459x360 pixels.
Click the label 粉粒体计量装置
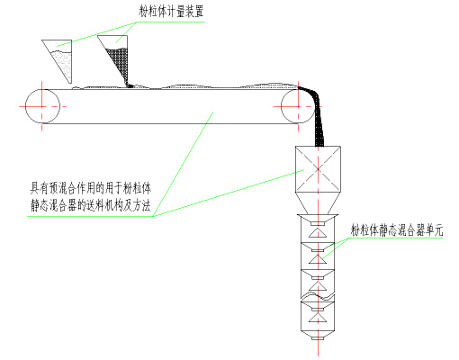click(x=171, y=11)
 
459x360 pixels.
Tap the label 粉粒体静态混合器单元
click(x=397, y=229)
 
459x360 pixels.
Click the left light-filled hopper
click(x=61, y=60)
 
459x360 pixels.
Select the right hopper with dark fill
click(x=115, y=60)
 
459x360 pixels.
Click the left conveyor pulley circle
click(x=42, y=106)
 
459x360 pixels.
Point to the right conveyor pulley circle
click(x=298, y=106)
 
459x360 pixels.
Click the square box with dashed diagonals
click(x=318, y=169)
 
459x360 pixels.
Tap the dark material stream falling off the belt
click(x=315, y=114)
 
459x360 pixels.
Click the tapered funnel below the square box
click(x=318, y=203)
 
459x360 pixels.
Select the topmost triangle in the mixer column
click(x=318, y=233)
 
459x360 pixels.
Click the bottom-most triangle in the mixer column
click(x=318, y=318)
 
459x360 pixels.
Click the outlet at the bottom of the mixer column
click(x=318, y=338)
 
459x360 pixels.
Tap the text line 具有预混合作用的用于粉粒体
click(x=90, y=188)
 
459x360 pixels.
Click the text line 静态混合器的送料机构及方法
click(x=90, y=205)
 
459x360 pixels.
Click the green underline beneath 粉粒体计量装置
click(x=170, y=22)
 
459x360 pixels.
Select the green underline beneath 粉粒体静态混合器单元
click(x=396, y=238)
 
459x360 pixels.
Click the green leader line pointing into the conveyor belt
click(x=183, y=164)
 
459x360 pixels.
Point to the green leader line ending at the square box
click(x=229, y=193)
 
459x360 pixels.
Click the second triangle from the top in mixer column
click(x=318, y=260)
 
